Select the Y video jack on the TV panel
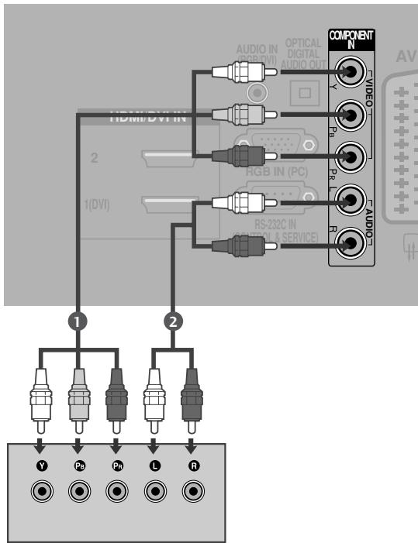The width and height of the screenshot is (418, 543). (352, 74)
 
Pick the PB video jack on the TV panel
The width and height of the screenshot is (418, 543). (352, 116)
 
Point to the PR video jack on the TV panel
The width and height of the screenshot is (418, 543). (352, 157)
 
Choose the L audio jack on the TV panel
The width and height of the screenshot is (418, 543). (352, 200)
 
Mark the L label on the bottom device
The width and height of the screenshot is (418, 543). (154, 467)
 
